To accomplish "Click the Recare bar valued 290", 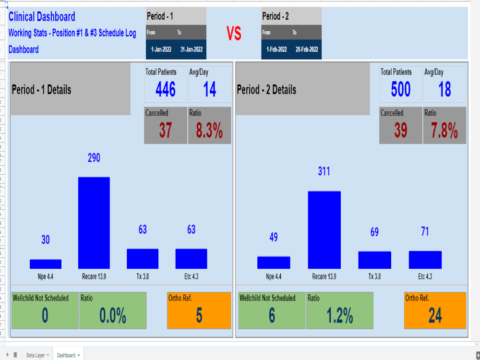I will pos(94,223).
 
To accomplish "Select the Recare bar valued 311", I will pos(324,229).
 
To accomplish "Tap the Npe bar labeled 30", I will pos(46,264).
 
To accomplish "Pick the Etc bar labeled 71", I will pos(425,260).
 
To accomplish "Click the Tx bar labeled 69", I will pos(374,260).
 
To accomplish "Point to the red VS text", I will pos(234,34).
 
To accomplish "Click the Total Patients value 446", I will pos(166,89).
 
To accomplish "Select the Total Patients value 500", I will pos(400,89).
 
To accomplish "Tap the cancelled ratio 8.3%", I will pos(209,131).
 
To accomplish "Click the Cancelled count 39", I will pos(400,131).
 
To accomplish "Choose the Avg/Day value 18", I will pos(444,89).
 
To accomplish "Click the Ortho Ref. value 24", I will pos(435,316).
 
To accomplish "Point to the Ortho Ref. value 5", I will pos(199,316).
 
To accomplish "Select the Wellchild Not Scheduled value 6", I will pos(272,316).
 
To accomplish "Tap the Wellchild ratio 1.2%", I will pos(340,316).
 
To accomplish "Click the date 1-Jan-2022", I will pos(161,49).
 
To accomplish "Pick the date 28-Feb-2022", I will pos(307,49).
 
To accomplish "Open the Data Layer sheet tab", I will pos(36,355).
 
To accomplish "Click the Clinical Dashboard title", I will pos(42,17).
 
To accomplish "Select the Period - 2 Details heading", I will pos(266,90).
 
